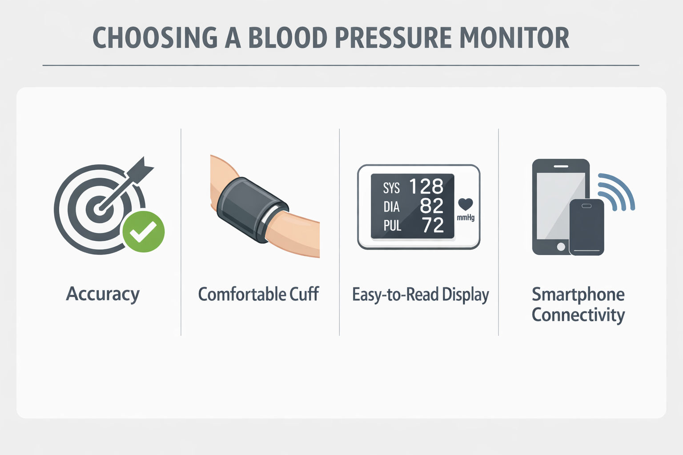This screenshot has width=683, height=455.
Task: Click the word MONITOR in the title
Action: (514, 38)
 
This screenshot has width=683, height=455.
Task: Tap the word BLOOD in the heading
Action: (288, 38)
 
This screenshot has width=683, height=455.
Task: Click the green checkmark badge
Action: (144, 231)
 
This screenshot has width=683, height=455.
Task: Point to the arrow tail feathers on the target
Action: (143, 168)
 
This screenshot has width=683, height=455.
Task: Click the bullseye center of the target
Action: (99, 209)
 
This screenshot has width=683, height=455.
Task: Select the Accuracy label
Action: (103, 294)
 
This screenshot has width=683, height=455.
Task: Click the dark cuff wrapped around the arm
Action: (253, 210)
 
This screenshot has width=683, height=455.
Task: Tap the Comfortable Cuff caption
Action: (258, 294)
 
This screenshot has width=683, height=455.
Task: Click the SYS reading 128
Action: (426, 186)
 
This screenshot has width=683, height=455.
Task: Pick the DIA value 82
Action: (431, 206)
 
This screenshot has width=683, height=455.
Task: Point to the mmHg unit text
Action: (466, 217)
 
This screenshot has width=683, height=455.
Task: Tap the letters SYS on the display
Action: (391, 188)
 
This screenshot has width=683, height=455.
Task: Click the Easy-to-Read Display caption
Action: (421, 295)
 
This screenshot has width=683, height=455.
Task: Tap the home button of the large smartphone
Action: (561, 247)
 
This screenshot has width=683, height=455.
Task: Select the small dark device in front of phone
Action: (587, 227)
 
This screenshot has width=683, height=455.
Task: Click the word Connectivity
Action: (578, 315)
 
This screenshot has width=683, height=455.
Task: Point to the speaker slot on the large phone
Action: (561, 166)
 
